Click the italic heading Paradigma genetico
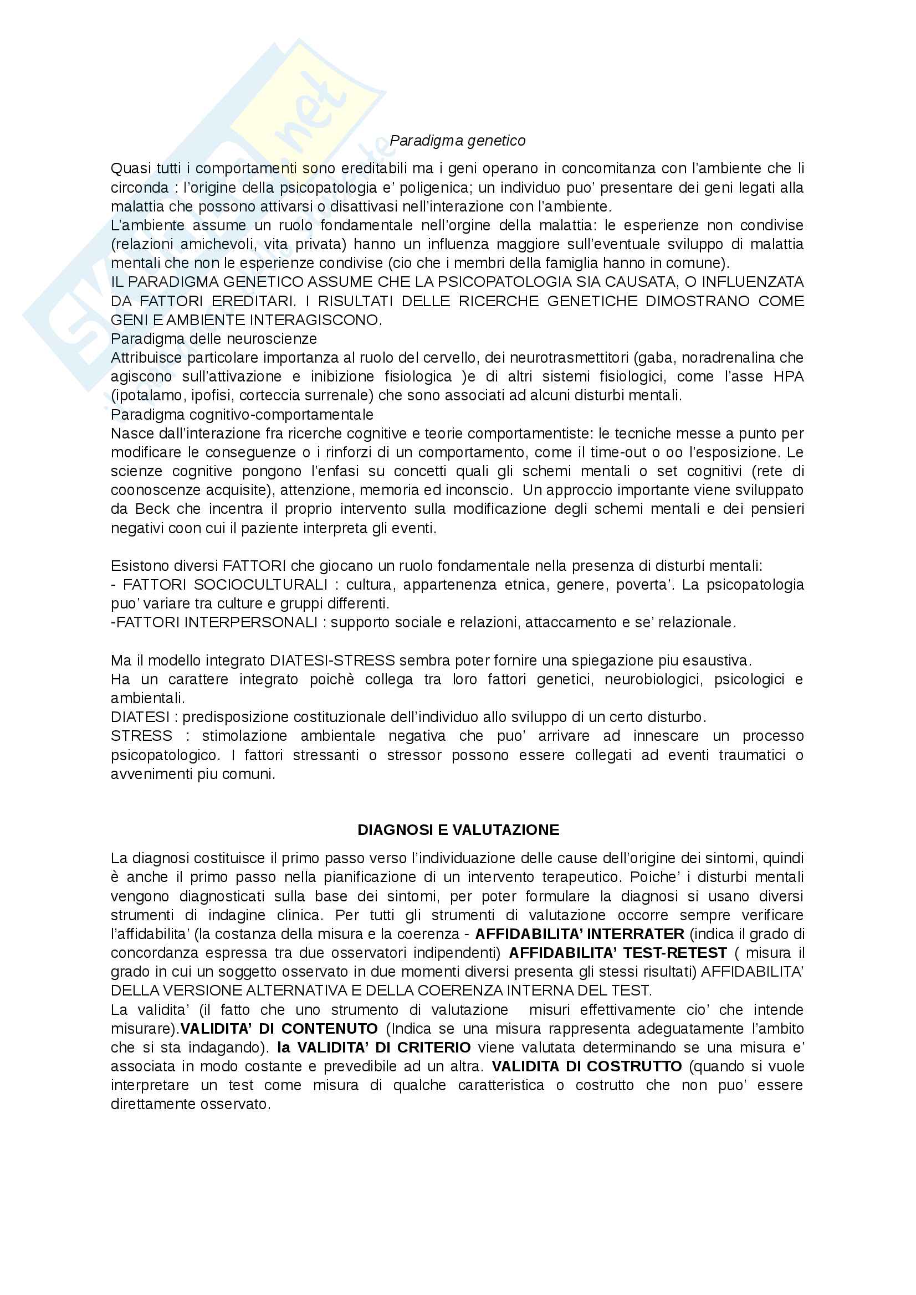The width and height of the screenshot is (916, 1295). click(x=457, y=141)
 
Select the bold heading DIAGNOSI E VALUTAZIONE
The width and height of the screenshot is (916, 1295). click(x=458, y=830)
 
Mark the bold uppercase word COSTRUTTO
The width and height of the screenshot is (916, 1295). click(x=634, y=1066)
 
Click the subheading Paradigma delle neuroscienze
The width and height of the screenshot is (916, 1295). click(x=214, y=338)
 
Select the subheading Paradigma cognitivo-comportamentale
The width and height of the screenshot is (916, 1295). click(x=242, y=415)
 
